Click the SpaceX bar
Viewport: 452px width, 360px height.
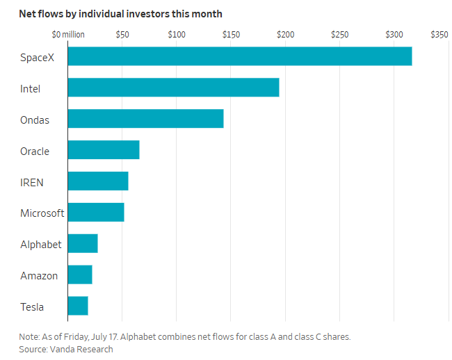point(240,56)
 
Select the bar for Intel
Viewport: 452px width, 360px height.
point(174,88)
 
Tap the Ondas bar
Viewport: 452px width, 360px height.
point(145,118)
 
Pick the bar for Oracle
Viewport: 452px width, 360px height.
point(104,149)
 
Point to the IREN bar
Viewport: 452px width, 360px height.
point(98,181)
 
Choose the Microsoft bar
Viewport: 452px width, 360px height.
point(96,212)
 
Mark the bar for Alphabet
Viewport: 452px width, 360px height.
point(83,243)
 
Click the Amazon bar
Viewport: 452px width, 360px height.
point(80,275)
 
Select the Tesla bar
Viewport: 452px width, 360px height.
point(78,306)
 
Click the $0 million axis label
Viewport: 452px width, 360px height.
point(68,35)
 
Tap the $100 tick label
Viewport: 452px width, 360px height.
point(177,35)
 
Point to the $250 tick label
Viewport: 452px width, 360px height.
point(339,35)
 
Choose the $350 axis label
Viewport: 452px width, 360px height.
point(439,35)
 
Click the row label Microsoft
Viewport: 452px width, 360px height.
point(42,213)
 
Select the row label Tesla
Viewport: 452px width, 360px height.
point(32,307)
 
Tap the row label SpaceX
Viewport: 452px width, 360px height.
point(37,58)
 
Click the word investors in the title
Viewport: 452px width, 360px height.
point(147,14)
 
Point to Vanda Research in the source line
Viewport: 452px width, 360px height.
point(81,349)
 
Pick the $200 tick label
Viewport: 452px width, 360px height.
point(285,35)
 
